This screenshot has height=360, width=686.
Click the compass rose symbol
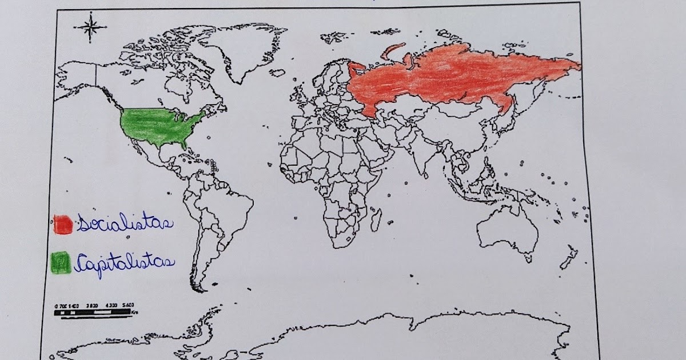[x=90, y=27]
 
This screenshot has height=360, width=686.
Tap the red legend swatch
[x=62, y=223]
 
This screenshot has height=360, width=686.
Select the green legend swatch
[x=61, y=262]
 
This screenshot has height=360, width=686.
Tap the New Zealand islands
[x=569, y=257]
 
